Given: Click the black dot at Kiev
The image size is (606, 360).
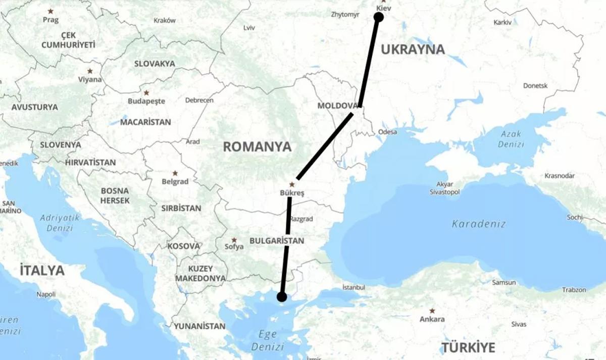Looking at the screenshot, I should pyautogui.click(x=378, y=17).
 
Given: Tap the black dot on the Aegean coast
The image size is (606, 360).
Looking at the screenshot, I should pyautogui.click(x=282, y=296).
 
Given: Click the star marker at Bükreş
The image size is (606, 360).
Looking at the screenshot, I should pyautogui.click(x=292, y=185).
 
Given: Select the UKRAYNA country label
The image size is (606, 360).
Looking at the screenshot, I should pyautogui.click(x=413, y=49).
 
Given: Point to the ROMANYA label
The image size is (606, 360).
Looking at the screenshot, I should pyautogui.click(x=258, y=147).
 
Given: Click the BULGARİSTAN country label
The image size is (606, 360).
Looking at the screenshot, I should pyautogui.click(x=277, y=241).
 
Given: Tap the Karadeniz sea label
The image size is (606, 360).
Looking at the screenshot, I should pyautogui.click(x=478, y=223).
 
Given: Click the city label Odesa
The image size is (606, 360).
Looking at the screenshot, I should pyautogui.click(x=387, y=132).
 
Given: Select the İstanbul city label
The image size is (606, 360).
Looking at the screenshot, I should pyautogui.click(x=353, y=287).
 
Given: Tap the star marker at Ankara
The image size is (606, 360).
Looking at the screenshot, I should pyautogui.click(x=432, y=311).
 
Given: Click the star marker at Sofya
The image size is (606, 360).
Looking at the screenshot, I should pyautogui.click(x=234, y=239).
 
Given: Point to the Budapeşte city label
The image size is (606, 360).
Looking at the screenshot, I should pyautogui.click(x=146, y=101).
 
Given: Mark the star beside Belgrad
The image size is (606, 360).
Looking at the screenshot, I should pyautogui.click(x=175, y=173).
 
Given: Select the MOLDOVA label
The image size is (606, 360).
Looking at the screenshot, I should pyautogui.click(x=337, y=106).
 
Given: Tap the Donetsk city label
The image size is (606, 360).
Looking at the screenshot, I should pyautogui.click(x=535, y=86).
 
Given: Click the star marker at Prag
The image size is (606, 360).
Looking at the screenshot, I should pyautogui.click(x=50, y=11).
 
